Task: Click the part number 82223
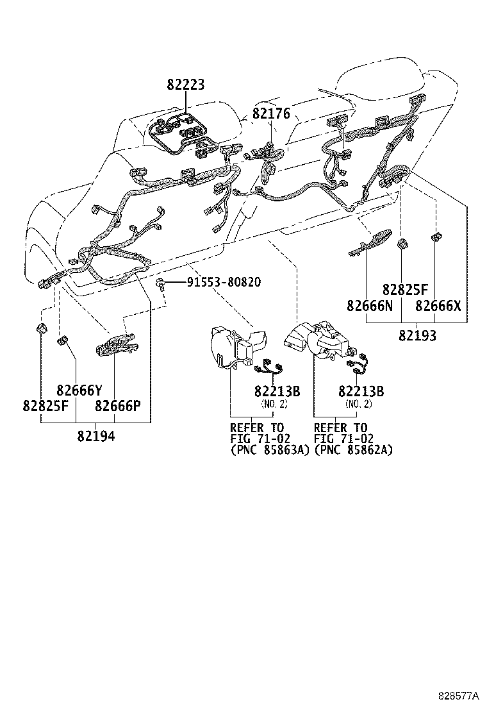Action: (x=185, y=85)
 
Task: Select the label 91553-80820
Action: (x=224, y=282)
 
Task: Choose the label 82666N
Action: (x=370, y=306)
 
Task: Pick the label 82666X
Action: (x=438, y=306)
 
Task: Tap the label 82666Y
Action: (x=79, y=390)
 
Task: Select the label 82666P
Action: (x=118, y=405)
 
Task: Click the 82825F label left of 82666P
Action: (x=45, y=405)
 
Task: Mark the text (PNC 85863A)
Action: (x=269, y=450)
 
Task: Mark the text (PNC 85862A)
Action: (x=353, y=450)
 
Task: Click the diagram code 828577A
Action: (x=459, y=694)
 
